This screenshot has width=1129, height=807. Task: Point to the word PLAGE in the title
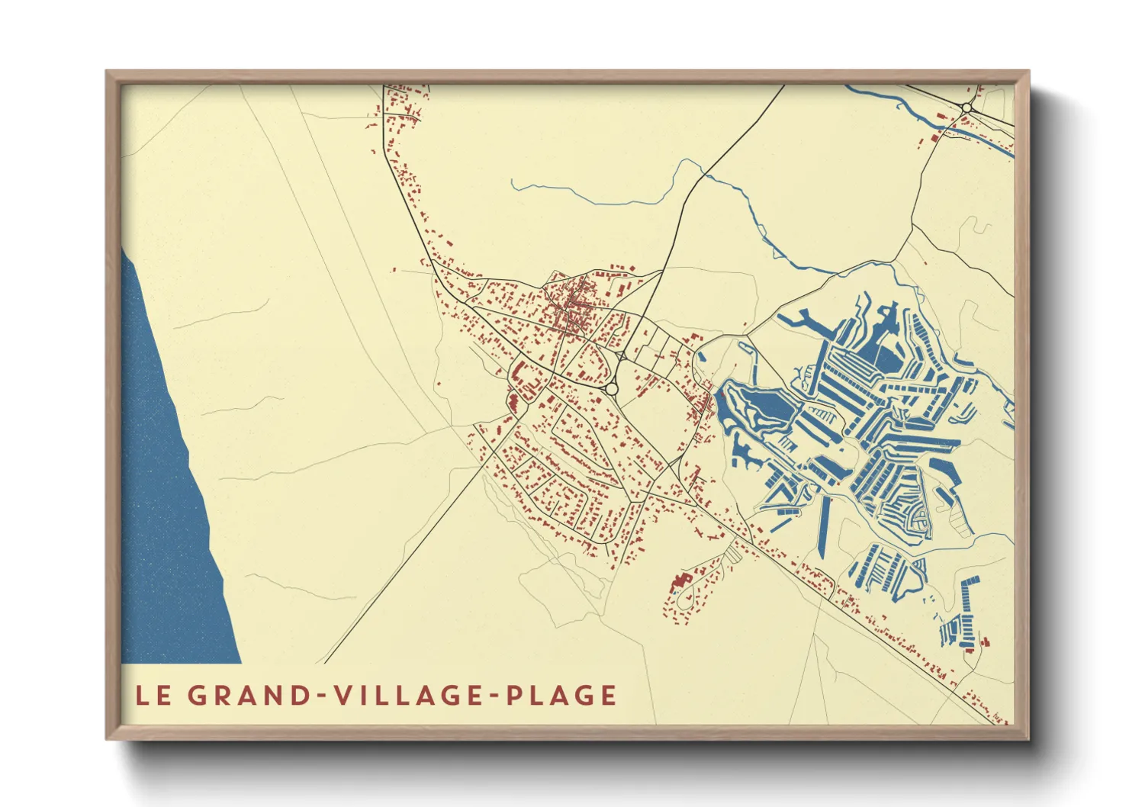pos(561,696)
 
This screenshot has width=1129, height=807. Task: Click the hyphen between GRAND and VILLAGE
pos(322,696)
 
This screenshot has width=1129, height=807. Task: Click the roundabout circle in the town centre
pos(611,389)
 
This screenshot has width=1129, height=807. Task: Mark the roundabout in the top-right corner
pos(967,108)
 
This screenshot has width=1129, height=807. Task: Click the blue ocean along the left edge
pos(164,496)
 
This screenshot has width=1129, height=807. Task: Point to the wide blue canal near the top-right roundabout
pos(984,139)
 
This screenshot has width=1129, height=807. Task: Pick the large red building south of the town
pos(677,584)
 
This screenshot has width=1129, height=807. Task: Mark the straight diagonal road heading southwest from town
pos(404,564)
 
